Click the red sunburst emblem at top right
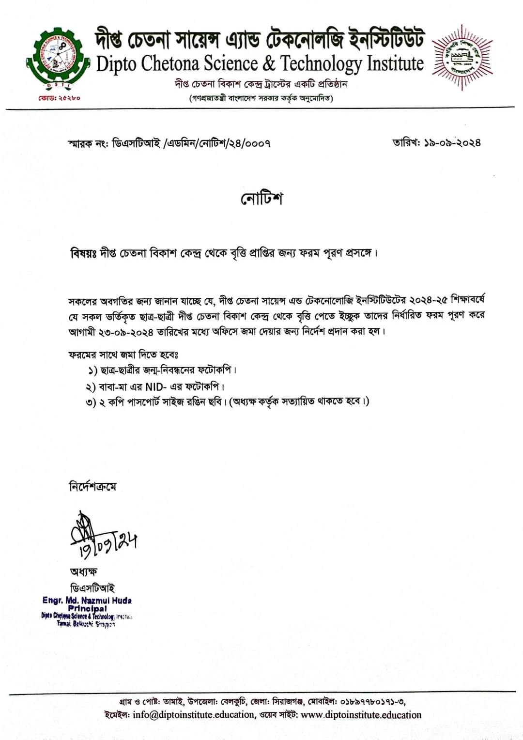462,57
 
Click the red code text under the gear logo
59,98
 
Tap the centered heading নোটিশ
261,199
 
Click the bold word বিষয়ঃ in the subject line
83,253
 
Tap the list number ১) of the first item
92,371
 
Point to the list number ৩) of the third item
91,402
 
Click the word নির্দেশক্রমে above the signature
92,486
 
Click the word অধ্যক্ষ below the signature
83,571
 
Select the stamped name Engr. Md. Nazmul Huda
87,600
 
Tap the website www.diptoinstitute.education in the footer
361,715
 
